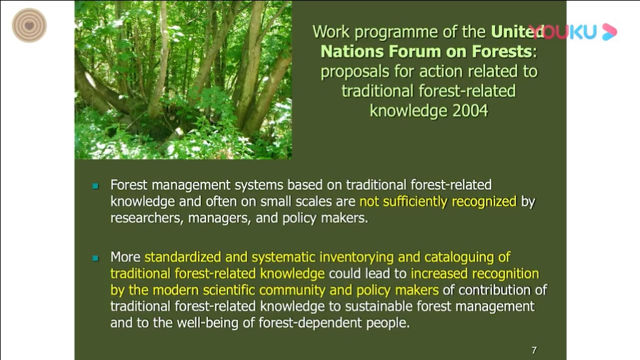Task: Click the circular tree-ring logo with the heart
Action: pyautogui.click(x=29, y=25)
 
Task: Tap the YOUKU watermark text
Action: pyautogui.click(x=563, y=32)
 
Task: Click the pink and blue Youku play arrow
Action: pyautogui.click(x=609, y=32)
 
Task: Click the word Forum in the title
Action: pyautogui.click(x=415, y=51)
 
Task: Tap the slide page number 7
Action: pyautogui.click(x=534, y=350)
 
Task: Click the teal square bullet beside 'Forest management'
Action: pyautogui.click(x=96, y=186)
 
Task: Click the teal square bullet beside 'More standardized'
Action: pyautogui.click(x=96, y=258)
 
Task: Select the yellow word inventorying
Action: pyautogui.click(x=357, y=257)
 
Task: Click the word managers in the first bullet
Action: pyautogui.click(x=219, y=218)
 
